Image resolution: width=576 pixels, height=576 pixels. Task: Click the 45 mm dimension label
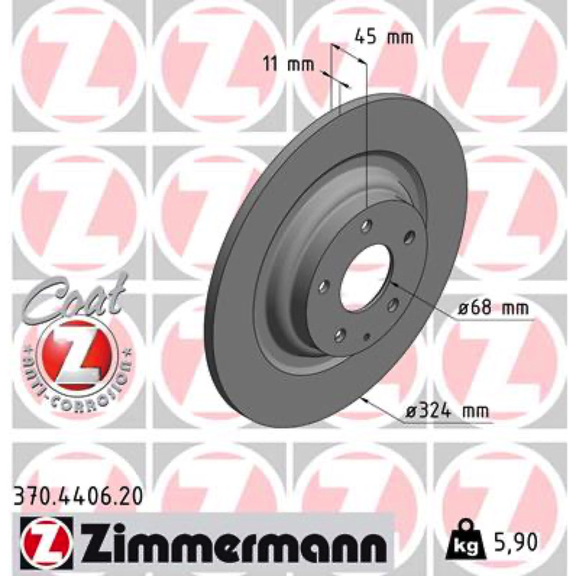[384, 37]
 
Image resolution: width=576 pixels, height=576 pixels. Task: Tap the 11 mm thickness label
[289, 65]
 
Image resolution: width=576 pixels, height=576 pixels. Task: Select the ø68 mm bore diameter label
[493, 307]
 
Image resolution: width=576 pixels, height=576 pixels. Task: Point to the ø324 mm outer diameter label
[447, 410]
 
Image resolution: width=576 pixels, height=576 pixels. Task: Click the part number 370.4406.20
[78, 498]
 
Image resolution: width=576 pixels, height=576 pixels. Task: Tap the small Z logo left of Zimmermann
[48, 543]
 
